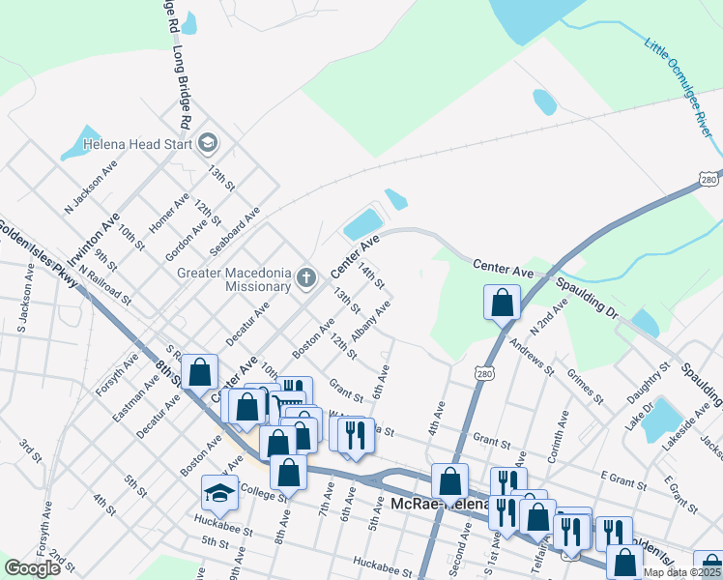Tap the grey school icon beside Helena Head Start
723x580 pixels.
206,145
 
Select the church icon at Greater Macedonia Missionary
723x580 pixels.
306,279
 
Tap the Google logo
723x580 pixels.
33,568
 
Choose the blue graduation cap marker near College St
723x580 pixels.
219,494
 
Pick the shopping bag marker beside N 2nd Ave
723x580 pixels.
503,303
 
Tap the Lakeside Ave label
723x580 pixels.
687,426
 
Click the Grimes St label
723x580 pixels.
586,384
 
